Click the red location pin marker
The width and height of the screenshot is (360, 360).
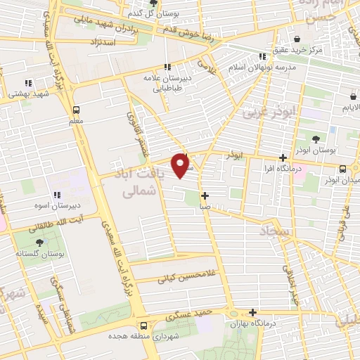tap(181, 165)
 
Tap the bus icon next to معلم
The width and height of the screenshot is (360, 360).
tap(77, 110)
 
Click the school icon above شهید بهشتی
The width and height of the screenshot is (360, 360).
tap(28, 83)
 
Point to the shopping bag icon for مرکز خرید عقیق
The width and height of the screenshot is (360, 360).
tap(298, 39)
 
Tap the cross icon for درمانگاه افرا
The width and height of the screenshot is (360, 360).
tap(283, 158)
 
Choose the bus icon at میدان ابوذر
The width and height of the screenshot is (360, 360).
tap(342, 169)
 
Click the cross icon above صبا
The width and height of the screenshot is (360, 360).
tap(204, 196)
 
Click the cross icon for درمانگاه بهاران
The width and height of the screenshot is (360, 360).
tap(252, 313)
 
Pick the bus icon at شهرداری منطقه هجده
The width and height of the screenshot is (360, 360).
tap(144, 326)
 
